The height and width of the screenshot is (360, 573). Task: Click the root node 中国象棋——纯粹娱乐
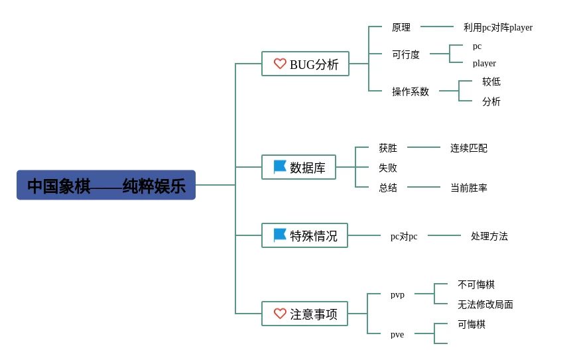(106, 185)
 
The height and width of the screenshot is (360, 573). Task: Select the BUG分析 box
(305, 64)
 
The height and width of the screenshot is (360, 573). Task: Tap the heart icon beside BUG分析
(280, 64)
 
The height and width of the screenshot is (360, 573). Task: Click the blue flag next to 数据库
(280, 167)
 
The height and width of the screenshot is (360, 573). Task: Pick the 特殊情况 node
(304, 235)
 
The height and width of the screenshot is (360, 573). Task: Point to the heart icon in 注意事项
(280, 314)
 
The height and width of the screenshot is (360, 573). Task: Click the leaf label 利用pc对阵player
(498, 27)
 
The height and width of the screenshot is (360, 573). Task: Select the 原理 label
(401, 27)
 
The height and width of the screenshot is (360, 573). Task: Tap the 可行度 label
(406, 54)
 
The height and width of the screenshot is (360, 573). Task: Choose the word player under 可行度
(484, 64)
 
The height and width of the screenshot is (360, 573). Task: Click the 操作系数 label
(410, 91)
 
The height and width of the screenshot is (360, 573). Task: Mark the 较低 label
(491, 82)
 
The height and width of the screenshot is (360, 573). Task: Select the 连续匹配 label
(469, 148)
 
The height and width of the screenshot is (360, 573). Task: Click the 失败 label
(388, 168)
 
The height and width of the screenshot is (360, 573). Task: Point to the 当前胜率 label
(469, 188)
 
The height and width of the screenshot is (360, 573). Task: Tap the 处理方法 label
(489, 236)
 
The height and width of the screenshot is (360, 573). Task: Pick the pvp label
(397, 294)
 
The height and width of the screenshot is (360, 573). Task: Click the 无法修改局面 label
(485, 304)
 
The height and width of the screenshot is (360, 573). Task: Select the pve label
(397, 334)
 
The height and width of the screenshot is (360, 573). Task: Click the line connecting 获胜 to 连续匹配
(424, 147)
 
